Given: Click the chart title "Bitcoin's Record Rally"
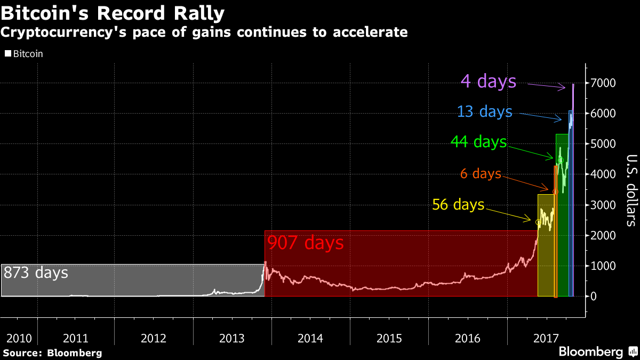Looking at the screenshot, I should [x=113, y=12].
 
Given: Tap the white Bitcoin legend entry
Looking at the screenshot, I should [x=25, y=53].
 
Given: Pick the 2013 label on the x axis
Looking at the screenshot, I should [x=232, y=338].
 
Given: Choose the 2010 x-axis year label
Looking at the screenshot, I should [x=19, y=338].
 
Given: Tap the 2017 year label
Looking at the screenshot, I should [x=545, y=338].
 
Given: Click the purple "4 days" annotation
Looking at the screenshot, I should [x=488, y=82].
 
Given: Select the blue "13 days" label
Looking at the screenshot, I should [x=484, y=112].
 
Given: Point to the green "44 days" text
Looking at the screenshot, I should [x=478, y=142].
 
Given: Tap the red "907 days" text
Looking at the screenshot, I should [x=305, y=244].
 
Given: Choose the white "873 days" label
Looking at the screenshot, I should [x=36, y=273].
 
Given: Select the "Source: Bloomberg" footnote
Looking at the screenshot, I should [x=52, y=353].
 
